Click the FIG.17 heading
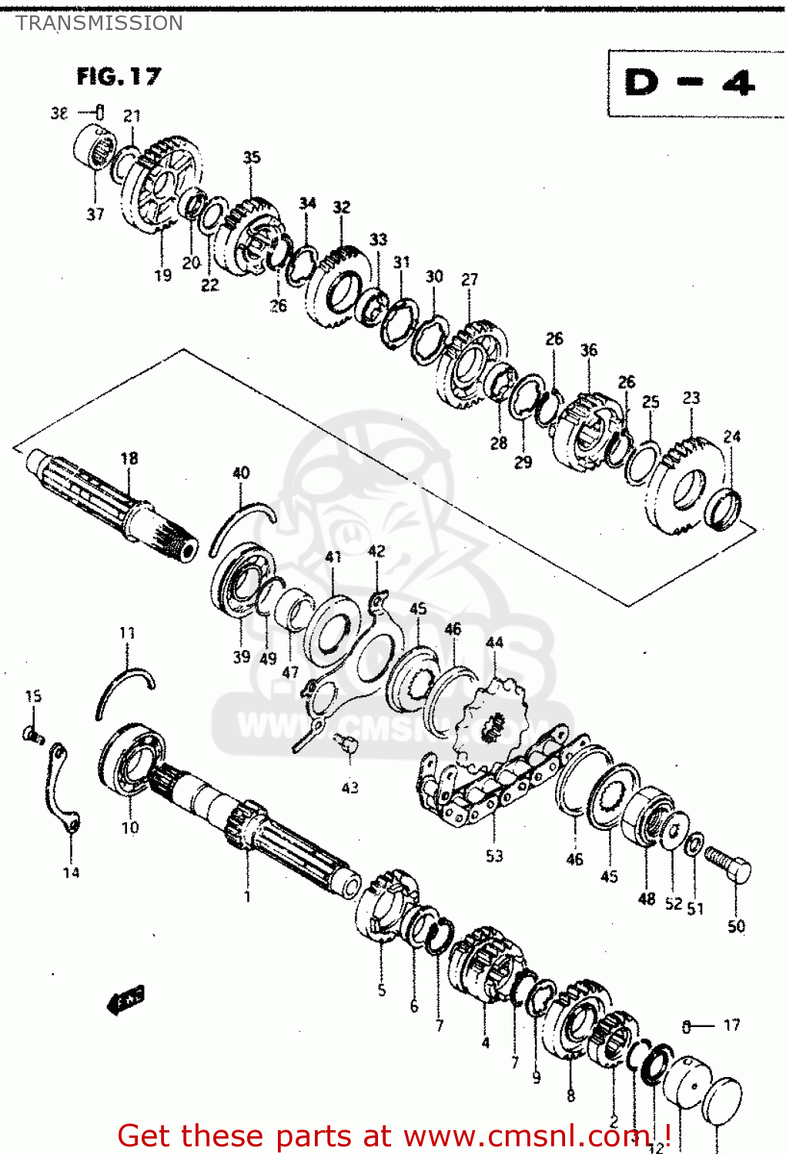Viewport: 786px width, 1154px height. coord(119,76)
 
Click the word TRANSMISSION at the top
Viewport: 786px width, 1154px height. coord(99,23)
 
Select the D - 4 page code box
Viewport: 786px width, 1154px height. coord(690,83)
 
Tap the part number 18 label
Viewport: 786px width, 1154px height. coord(129,459)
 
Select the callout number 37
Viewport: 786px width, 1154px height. coord(95,215)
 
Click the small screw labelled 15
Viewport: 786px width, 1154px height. coord(31,735)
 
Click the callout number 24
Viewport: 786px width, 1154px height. coord(731,437)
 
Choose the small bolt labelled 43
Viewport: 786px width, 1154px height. coord(347,743)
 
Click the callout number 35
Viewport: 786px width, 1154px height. coord(252,158)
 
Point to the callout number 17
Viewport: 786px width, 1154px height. coord(731,1025)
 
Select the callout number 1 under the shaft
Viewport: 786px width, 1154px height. coord(247,896)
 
